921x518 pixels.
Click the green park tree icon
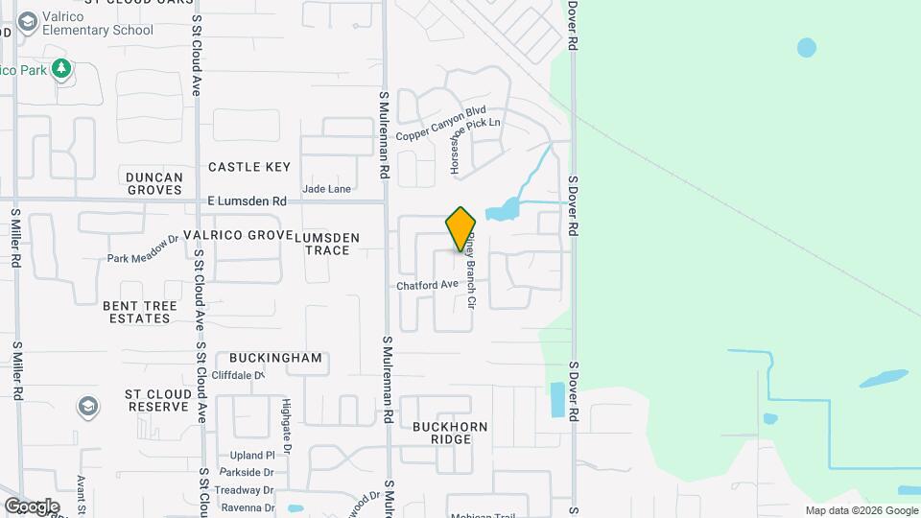coord(61,68)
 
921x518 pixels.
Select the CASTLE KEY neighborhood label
coord(249,167)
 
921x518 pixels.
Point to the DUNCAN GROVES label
coord(153,183)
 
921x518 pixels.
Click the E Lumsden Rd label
coord(248,201)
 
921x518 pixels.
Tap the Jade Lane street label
coord(326,189)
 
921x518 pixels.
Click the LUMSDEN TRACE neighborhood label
coord(327,244)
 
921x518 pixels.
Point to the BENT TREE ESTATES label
coord(140,312)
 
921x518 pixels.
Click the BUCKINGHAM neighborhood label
coord(276,358)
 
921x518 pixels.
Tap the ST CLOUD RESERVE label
coord(156,400)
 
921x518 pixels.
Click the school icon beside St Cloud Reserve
coord(88,407)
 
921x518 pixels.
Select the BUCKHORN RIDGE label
coord(450,433)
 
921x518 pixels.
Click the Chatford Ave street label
coord(427,285)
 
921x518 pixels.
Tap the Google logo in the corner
coord(31,506)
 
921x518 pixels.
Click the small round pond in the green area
coord(807,47)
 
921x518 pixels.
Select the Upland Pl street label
coord(252,456)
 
